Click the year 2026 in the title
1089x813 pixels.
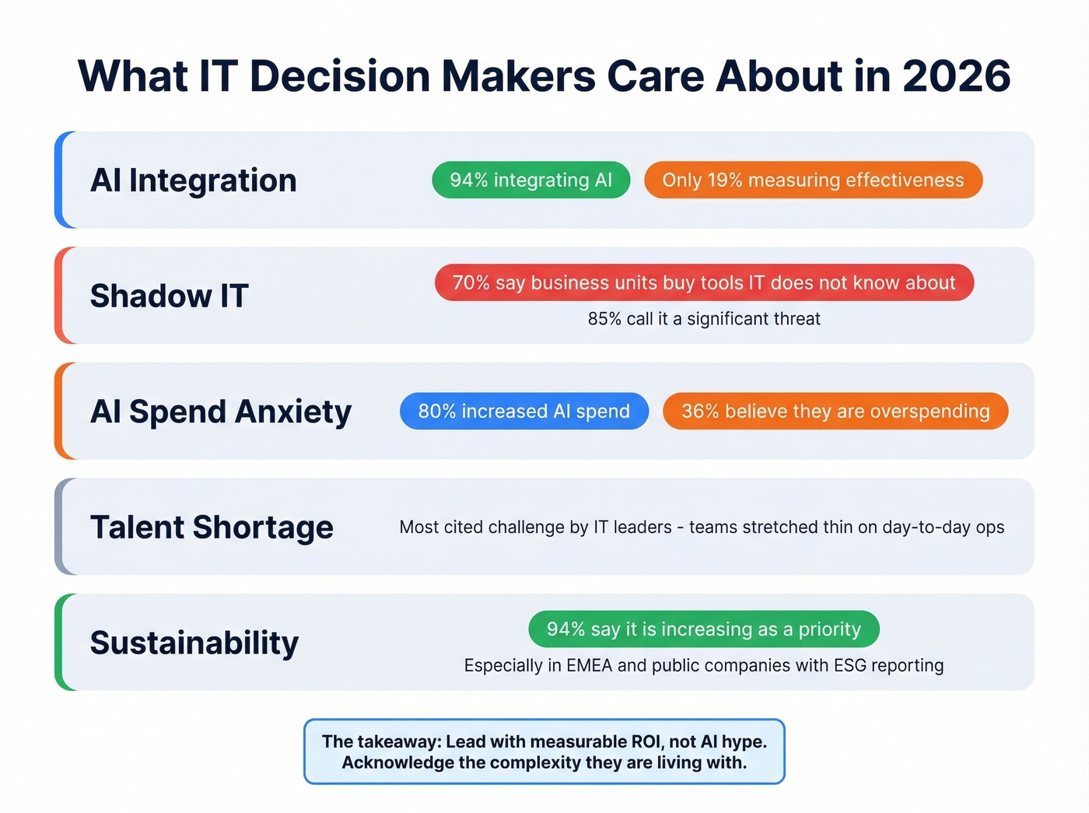point(956,76)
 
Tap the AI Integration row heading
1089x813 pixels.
point(193,180)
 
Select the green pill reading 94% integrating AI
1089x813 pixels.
point(530,180)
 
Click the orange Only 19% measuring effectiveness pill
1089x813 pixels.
point(813,180)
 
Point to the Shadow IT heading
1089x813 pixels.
point(169,296)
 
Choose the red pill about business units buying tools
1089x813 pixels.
point(704,282)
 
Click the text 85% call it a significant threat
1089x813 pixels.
point(704,319)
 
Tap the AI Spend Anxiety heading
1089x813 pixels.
point(221,412)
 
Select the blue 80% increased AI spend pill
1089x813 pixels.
point(523,411)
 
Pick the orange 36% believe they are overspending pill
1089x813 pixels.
point(835,411)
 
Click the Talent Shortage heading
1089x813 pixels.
point(212,527)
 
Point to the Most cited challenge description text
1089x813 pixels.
point(702,527)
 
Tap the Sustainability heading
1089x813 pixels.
point(194,643)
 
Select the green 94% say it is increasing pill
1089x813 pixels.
point(704,629)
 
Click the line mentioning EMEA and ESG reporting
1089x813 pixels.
point(704,666)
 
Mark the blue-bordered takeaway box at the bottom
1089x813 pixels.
point(544,752)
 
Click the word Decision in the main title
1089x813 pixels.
point(339,76)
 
